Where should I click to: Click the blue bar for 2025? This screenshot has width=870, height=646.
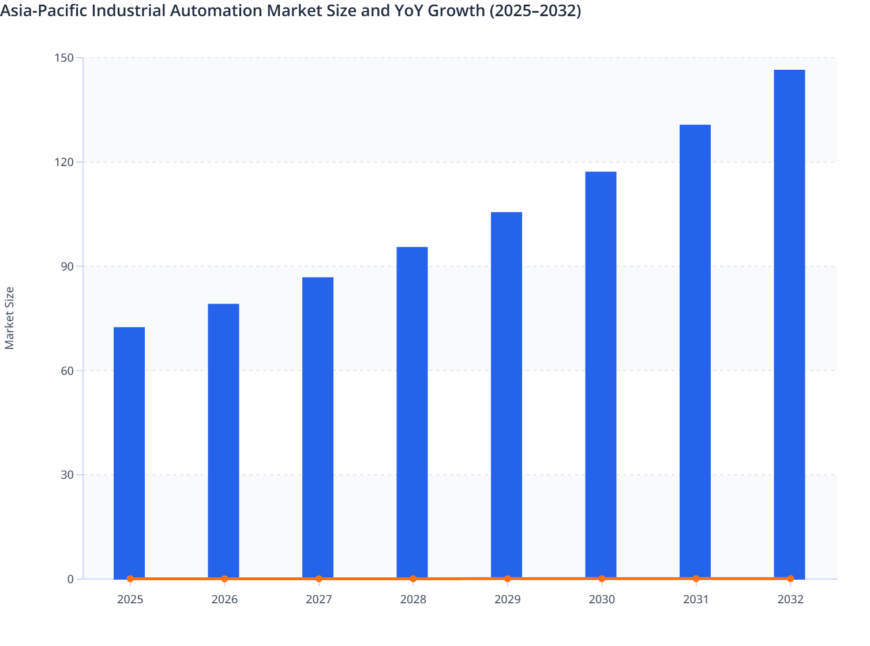(129, 452)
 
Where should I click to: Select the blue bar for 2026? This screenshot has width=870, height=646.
(223, 441)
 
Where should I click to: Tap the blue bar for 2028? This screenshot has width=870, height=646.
(412, 412)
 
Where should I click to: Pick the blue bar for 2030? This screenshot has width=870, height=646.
(601, 375)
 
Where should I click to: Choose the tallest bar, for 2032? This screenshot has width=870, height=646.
(789, 324)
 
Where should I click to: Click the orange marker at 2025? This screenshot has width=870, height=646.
(130, 579)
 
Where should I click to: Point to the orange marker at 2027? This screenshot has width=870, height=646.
(319, 579)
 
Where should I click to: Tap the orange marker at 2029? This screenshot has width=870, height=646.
(508, 579)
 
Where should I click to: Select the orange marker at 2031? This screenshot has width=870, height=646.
(696, 579)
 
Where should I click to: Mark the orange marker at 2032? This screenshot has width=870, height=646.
(790, 579)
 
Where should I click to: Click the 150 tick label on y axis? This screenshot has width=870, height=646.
(65, 58)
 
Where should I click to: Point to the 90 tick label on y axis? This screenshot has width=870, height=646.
(67, 266)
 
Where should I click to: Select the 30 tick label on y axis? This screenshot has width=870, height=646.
(67, 475)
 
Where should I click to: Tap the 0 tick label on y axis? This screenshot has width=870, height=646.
(70, 579)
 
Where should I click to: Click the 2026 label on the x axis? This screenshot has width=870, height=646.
(224, 599)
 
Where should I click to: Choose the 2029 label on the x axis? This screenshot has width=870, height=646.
(508, 599)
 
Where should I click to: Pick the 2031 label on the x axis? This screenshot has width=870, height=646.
(696, 599)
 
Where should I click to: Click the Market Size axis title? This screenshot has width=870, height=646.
(10, 318)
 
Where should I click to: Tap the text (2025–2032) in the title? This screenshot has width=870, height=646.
(535, 10)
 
